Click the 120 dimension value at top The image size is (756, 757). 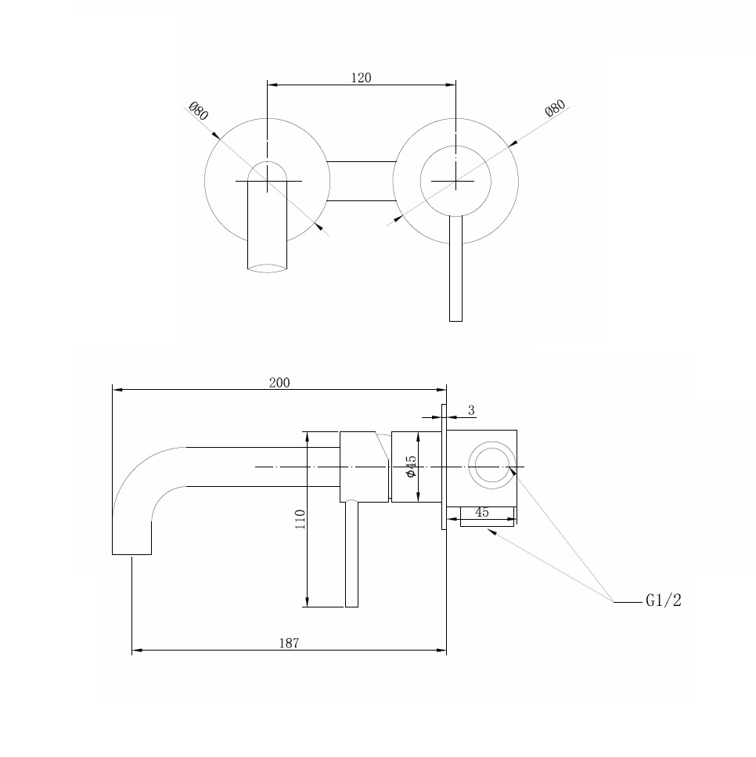(361, 78)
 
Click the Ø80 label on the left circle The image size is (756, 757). (198, 110)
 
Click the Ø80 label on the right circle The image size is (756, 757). (555, 109)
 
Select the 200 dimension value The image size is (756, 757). (279, 382)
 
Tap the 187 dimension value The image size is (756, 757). (289, 643)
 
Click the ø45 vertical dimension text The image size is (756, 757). (411, 467)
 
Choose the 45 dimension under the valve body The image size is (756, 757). (482, 513)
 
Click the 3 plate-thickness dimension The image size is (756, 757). (471, 410)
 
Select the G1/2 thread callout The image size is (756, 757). (664, 601)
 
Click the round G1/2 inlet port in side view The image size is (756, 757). (492, 467)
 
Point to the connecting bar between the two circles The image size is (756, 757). (361, 181)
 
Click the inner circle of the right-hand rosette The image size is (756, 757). (455, 163)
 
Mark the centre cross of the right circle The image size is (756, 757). (455, 181)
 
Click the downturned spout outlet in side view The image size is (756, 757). (131, 544)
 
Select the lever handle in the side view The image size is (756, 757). (351, 556)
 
